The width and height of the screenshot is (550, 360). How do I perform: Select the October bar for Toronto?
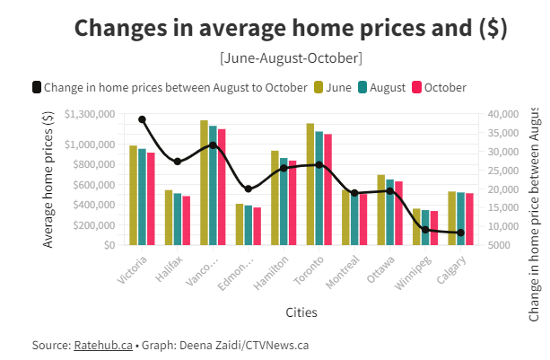327,189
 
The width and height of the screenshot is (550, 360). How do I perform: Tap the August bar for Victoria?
142,197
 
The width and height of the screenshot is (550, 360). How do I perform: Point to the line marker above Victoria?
142,119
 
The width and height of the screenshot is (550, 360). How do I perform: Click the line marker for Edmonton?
249,189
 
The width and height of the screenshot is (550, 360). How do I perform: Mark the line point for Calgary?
460,233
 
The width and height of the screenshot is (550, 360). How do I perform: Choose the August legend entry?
380,87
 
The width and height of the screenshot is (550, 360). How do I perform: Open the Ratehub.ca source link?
103,345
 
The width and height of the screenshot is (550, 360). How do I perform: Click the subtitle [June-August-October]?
290,57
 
